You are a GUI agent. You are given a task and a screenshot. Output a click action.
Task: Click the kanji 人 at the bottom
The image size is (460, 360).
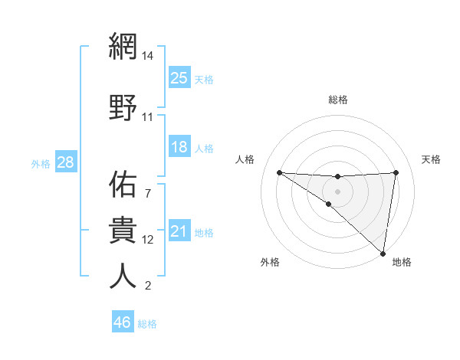coord(123,277)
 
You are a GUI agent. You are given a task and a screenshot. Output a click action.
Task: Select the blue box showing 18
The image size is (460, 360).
coord(179,147)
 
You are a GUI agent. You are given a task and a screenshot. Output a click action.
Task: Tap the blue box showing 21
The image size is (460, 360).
coord(179,231)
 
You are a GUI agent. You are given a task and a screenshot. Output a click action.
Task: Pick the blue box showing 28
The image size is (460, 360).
coord(65,162)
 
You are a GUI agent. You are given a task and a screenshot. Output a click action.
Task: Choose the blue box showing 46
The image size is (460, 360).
coord(123,322)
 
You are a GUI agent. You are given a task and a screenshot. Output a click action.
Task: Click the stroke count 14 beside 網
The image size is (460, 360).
coord(147,56)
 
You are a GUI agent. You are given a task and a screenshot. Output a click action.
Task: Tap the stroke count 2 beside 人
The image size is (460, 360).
coord(147,286)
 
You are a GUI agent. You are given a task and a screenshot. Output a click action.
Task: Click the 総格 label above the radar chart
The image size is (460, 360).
coord(338,100)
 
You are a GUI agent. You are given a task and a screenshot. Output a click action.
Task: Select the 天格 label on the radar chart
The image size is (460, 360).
coord(432,159)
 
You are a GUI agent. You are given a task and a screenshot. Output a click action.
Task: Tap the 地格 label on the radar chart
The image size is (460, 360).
coord(402,262)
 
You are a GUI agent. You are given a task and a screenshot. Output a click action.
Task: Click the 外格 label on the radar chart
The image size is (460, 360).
coord(270,262)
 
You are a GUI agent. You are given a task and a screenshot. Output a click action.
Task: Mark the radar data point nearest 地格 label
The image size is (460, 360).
coord(383,252)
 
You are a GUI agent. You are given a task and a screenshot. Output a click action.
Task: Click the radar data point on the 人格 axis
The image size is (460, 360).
coord(279,172)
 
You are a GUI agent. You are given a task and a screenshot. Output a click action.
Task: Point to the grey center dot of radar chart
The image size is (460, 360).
coord(338,190)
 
